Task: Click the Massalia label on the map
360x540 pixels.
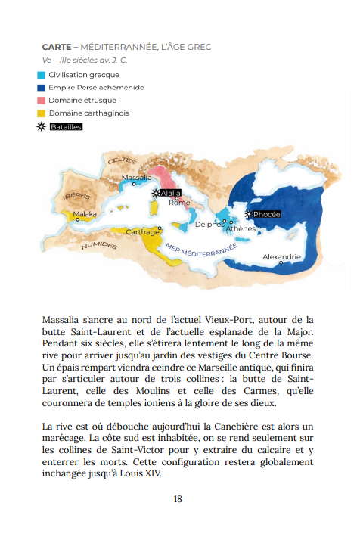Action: [x=136, y=178]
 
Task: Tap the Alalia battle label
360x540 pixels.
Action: [x=170, y=193]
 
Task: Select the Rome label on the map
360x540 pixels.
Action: [x=179, y=203]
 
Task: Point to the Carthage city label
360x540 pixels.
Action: [x=142, y=232]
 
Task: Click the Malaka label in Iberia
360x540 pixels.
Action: [x=85, y=214]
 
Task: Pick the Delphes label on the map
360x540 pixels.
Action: [x=209, y=224]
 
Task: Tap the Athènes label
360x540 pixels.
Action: [x=241, y=228]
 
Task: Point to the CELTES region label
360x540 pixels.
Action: [x=122, y=161]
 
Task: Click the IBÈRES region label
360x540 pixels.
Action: [x=76, y=196]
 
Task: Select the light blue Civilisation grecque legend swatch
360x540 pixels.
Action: [x=41, y=75]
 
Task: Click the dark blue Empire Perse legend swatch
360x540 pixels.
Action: [x=41, y=88]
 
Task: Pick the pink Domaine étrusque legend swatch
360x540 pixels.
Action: [x=41, y=101]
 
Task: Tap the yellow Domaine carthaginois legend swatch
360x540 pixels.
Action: [x=41, y=113]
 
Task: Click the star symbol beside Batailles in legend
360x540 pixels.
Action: [x=41, y=127]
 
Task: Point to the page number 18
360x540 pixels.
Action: [x=178, y=498]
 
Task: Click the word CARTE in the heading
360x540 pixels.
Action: [x=57, y=47]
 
